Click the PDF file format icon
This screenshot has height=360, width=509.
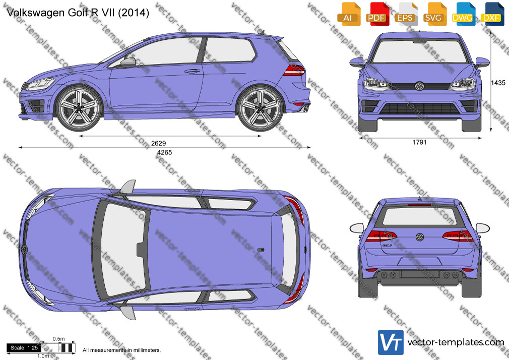(x=376, y=14)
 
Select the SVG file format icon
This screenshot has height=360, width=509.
(x=434, y=14)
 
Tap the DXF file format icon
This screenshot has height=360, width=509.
(x=492, y=14)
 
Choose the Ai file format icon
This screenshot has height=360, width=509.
(x=348, y=14)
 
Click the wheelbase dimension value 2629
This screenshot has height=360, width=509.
(x=158, y=143)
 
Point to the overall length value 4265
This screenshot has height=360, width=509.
(x=165, y=152)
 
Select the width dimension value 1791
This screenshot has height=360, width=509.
(x=419, y=142)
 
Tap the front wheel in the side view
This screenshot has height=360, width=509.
(x=79, y=107)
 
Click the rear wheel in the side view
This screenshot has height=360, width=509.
(x=261, y=107)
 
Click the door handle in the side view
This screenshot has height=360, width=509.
(x=192, y=71)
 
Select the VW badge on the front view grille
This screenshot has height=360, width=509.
(x=419, y=86)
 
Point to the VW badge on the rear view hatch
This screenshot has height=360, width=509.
(x=420, y=237)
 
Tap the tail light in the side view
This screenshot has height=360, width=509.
(x=293, y=70)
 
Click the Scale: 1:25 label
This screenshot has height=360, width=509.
(x=24, y=348)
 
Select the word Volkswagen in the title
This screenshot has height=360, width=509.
(x=36, y=13)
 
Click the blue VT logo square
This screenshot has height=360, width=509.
(x=391, y=342)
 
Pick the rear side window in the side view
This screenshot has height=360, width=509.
(x=230, y=50)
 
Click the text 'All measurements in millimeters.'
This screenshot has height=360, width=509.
(x=121, y=350)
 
